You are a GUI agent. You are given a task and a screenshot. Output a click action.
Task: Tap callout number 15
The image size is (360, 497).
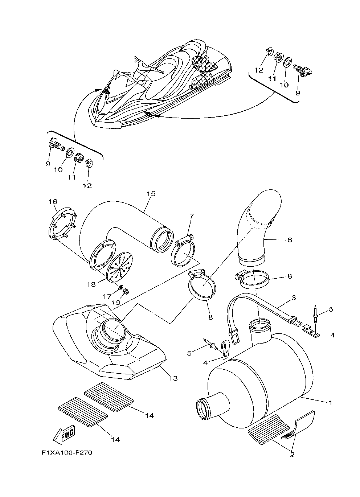tap(151, 194)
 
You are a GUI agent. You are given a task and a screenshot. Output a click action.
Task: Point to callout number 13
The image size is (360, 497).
tap(173, 378)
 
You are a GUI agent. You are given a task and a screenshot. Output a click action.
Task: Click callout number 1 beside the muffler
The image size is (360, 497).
tap(330, 403)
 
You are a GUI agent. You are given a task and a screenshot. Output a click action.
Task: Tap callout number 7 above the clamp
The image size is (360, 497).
tap(191, 217)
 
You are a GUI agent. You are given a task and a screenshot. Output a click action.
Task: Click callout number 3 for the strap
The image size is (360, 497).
tap(293, 298)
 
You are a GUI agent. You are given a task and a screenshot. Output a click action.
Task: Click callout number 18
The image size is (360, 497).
tap(91, 284)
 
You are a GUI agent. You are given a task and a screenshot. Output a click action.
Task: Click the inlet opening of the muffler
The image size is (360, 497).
tap(206, 408)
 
